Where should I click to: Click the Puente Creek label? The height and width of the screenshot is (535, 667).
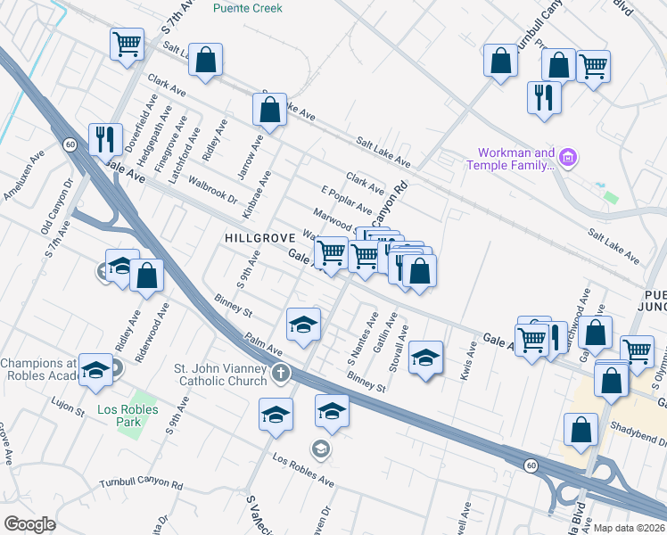[248, 8]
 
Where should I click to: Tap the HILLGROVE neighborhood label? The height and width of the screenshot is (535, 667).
[259, 239]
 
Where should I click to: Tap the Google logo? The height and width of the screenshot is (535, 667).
[30, 523]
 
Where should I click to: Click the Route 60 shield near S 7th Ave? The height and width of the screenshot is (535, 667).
[70, 144]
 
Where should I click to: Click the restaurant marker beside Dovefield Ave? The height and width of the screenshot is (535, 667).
[105, 139]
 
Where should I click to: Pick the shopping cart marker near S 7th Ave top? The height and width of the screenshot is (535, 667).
[128, 42]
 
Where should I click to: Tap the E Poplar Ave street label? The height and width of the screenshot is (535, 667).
[346, 201]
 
